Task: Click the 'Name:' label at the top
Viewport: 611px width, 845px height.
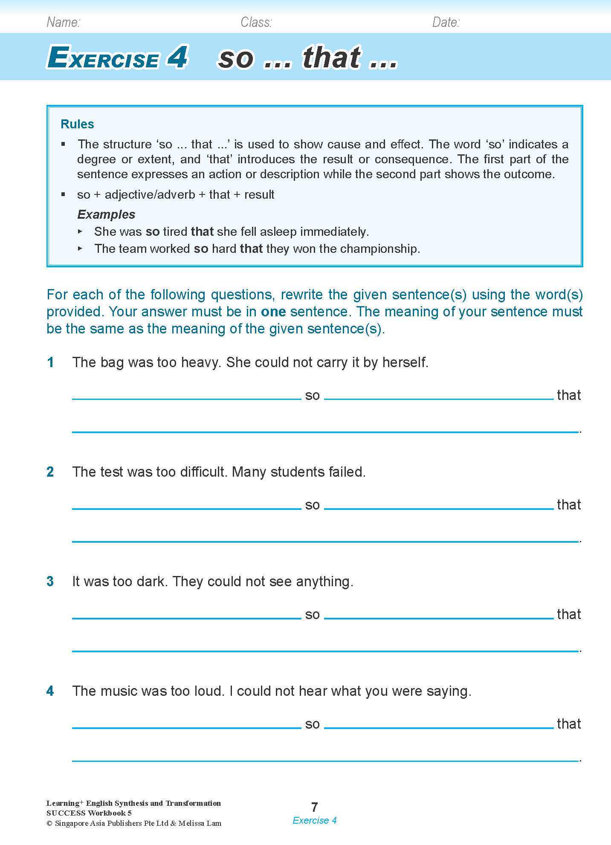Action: [63, 22]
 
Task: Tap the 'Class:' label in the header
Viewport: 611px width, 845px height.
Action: [256, 22]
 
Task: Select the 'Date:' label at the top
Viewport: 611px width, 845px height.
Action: [446, 22]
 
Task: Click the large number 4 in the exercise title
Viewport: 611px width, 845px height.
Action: [177, 57]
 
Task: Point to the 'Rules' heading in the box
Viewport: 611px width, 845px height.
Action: [77, 124]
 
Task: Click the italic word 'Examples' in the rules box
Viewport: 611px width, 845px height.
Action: [106, 214]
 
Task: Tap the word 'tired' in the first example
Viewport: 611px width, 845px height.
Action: [175, 232]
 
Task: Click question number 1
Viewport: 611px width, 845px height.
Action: [51, 362]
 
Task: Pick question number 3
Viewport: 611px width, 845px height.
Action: [50, 582]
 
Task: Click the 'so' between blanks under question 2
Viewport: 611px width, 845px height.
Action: [312, 505]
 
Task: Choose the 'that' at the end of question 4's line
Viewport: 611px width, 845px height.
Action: [569, 724]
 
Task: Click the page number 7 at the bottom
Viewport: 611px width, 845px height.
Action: [314, 807]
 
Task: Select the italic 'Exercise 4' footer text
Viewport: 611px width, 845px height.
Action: [314, 820]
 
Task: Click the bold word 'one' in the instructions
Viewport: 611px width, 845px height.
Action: [273, 312]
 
